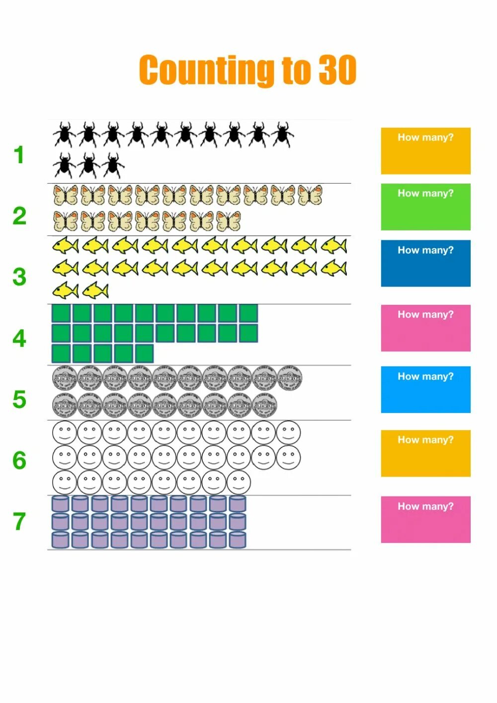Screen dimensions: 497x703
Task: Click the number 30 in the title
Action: tap(337, 70)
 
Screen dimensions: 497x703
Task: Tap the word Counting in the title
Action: tap(206, 71)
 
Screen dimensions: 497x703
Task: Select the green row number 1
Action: tap(19, 155)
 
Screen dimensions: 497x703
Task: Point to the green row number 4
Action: tap(19, 338)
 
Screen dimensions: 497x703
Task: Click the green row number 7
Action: tap(19, 521)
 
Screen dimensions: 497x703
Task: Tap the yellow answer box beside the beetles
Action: tap(425, 151)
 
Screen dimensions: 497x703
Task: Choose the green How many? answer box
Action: tap(425, 207)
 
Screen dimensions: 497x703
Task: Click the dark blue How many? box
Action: tap(425, 263)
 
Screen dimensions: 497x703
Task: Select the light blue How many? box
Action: tap(425, 390)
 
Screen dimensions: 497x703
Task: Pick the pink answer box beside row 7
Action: tap(425, 519)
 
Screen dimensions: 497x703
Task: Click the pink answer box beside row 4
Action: tap(425, 328)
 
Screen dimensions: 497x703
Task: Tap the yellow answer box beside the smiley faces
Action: tap(425, 453)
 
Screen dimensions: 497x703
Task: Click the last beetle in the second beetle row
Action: tap(113, 166)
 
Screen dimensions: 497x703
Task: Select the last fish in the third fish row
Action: tap(95, 290)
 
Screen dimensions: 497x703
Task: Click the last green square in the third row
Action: tap(144, 354)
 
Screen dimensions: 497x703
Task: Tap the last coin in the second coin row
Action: tap(264, 405)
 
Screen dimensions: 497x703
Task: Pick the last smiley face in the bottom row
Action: tap(239, 482)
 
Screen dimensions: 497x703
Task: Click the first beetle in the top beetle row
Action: tap(64, 135)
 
